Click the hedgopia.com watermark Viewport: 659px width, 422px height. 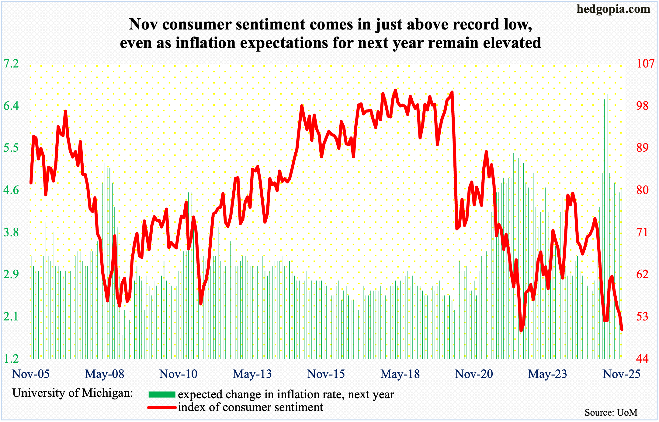pyautogui.click(x=613, y=9)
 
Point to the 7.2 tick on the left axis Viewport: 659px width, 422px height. pyautogui.click(x=11, y=64)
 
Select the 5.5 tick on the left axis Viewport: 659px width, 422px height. pyautogui.click(x=11, y=148)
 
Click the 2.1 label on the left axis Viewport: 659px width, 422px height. pyautogui.click(x=11, y=317)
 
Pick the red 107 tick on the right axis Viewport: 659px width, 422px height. pyautogui.click(x=645, y=64)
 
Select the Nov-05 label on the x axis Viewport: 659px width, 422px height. pyautogui.click(x=31, y=374)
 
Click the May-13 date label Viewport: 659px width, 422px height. pyautogui.click(x=252, y=374)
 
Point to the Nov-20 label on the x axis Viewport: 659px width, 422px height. pyautogui.click(x=474, y=374)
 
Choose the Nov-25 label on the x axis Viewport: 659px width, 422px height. pyautogui.click(x=622, y=374)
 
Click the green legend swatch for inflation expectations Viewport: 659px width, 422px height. pyautogui.click(x=162, y=395)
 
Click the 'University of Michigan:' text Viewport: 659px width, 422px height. pyautogui.click(x=73, y=393)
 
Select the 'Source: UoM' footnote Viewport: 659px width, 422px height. pyautogui.click(x=611, y=413)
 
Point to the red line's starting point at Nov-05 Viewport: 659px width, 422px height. pyautogui.click(x=31, y=183)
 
